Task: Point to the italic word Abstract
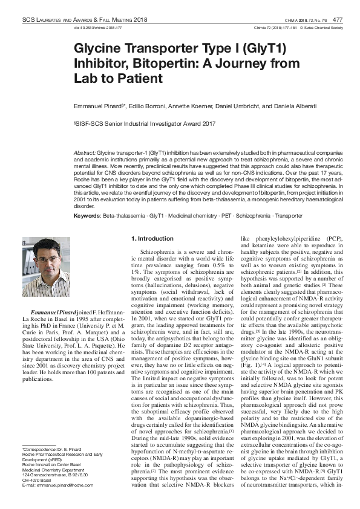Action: coord(84,154)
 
